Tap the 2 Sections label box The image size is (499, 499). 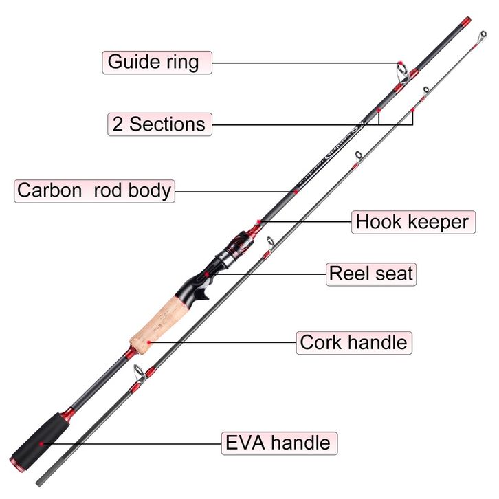(x=159, y=124)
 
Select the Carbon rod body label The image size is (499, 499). (x=94, y=190)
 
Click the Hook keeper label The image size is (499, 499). (x=412, y=222)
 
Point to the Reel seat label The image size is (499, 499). (x=370, y=274)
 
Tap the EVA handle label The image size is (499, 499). (x=278, y=443)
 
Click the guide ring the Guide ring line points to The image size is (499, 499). (x=401, y=68)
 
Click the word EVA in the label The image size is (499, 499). (x=245, y=443)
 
